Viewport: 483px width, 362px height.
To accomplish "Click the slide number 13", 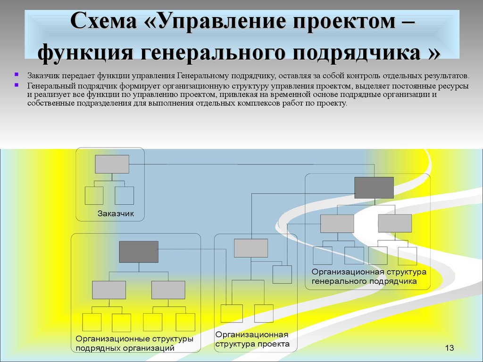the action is (450, 348).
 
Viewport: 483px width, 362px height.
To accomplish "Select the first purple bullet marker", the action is (17, 74).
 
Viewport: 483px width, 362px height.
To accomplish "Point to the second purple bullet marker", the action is (17, 85).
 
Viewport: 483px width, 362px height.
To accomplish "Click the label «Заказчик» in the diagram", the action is (116, 214).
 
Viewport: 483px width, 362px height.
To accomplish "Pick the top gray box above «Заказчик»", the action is (112, 164).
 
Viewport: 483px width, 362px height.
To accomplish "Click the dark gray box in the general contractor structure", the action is (374, 188).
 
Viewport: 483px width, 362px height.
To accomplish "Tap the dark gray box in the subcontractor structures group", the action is (139, 252).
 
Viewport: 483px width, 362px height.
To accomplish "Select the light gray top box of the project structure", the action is (251, 248).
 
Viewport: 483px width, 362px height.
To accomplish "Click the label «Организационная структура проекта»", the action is (252, 339).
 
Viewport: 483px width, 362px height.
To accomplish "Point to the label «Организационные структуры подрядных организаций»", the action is (134, 344).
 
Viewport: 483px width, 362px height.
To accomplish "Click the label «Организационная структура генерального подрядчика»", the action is (369, 276).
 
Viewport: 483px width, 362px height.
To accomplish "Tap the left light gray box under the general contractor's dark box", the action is (337, 223).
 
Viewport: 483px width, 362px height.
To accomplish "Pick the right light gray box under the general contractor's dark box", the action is (395, 223).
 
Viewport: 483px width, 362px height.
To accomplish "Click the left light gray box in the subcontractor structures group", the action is (109, 290).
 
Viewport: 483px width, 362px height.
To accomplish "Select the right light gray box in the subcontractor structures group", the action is (168, 290).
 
